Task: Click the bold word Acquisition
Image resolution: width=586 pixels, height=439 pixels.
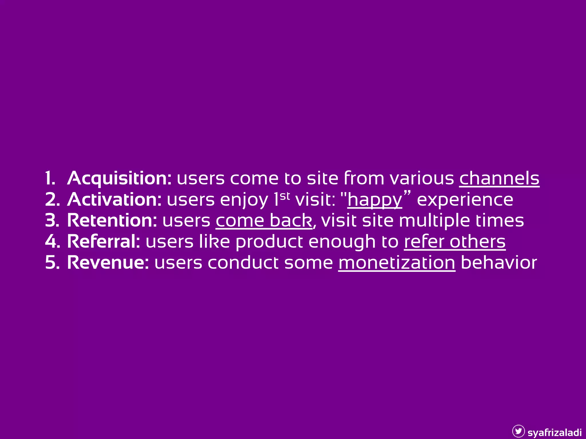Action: coord(119,179)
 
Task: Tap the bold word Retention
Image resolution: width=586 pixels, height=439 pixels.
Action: coord(112,221)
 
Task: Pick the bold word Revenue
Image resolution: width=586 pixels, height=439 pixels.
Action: coord(108,263)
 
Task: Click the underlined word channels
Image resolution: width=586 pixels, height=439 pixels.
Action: coord(499,179)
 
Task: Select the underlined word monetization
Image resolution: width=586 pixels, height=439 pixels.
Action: coord(397,263)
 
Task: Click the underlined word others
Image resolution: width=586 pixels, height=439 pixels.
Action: coord(478,242)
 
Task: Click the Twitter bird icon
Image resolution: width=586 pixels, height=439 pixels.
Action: coord(518,431)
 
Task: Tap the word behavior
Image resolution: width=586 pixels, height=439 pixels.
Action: coord(499,263)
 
